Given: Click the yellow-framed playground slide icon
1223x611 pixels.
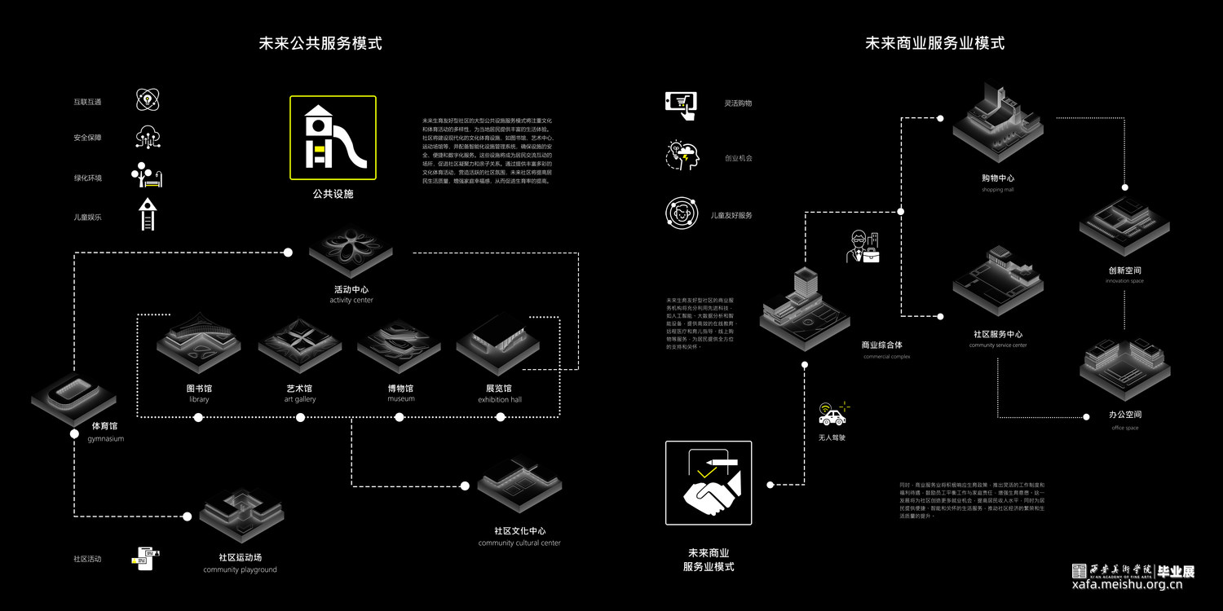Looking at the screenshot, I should [x=333, y=138].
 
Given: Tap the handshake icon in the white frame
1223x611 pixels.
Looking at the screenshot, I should [x=709, y=483].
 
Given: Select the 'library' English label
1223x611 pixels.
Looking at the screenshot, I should [x=199, y=399].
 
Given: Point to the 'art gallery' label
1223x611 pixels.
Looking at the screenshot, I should [x=299, y=399].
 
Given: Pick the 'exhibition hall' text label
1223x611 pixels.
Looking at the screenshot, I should [x=499, y=399].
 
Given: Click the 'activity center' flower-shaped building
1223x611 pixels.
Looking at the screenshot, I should [x=351, y=249].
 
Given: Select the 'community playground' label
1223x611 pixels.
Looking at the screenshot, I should [x=240, y=569].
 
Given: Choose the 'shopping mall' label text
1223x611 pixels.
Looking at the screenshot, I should [x=997, y=190].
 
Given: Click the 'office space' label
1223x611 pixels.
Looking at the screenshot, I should [x=1124, y=428].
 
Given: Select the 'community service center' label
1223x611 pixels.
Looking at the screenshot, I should [x=997, y=345].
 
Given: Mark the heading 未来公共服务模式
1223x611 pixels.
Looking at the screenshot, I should [x=320, y=43].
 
